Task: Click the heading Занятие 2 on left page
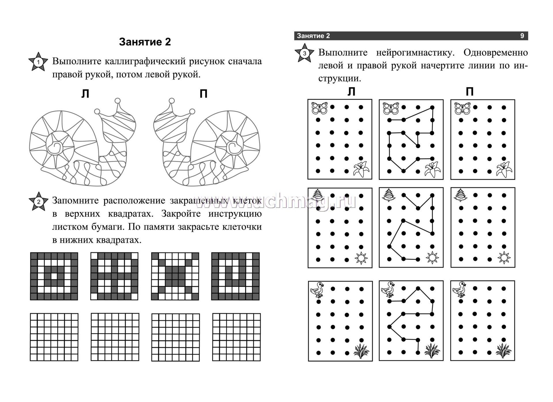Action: [145, 42]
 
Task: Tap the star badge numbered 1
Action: [38, 62]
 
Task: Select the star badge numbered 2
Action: [38, 202]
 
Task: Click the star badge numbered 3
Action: [304, 53]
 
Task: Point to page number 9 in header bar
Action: [522, 36]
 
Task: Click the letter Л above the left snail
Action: [85, 94]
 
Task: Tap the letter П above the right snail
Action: [203, 94]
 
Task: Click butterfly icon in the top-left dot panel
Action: [320, 108]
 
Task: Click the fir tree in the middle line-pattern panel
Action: [389, 195]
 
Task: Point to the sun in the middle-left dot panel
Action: [361, 258]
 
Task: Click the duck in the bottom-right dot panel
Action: [459, 289]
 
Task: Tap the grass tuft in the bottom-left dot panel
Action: [361, 351]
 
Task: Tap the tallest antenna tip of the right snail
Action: [171, 101]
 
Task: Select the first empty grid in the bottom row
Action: [54, 337]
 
